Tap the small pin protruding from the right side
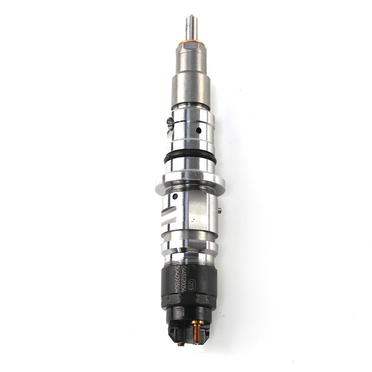pos(219,210)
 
